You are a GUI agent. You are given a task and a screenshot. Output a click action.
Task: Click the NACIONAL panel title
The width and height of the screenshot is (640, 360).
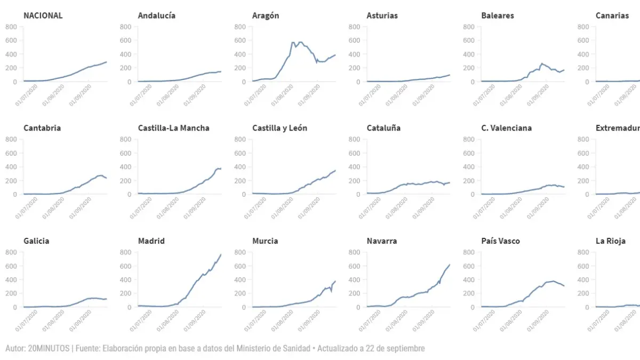click(43, 15)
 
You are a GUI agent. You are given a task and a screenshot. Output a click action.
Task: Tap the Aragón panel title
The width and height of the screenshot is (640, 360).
click(265, 15)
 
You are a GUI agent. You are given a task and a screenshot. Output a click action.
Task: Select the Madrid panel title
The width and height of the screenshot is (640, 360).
click(151, 241)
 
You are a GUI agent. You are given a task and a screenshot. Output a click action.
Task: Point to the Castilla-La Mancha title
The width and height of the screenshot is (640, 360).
click(173, 128)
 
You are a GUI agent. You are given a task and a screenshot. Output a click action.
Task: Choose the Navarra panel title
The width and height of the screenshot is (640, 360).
click(381, 241)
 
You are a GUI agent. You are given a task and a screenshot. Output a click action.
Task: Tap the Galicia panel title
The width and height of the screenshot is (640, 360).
click(36, 241)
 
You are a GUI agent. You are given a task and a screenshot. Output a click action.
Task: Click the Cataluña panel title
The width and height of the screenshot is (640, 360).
click(383, 128)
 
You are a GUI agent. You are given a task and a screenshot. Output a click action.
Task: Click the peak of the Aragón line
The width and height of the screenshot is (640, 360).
click(293, 42)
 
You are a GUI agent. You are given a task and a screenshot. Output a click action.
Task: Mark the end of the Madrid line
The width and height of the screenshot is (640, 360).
click(221, 254)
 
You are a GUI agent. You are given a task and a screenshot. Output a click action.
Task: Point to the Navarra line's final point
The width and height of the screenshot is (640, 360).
click(450, 265)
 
